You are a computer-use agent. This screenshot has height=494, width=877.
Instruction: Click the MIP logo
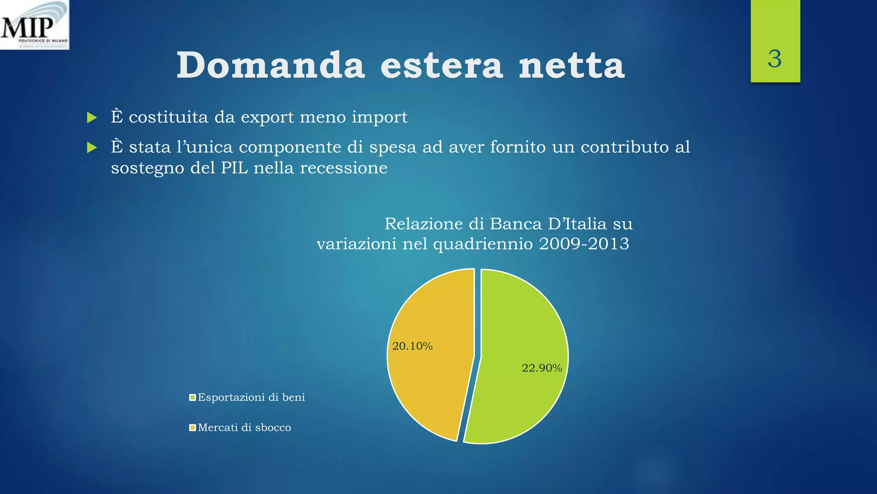34,25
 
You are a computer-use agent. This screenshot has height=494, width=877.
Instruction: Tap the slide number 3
775,59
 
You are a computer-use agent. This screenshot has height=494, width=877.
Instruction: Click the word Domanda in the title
271,65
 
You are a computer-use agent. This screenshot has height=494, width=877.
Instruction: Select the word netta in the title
572,65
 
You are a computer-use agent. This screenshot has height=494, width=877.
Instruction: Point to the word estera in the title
441,65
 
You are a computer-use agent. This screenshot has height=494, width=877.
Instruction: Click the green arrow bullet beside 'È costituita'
92,117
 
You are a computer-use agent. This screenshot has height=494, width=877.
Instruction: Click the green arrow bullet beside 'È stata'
92,148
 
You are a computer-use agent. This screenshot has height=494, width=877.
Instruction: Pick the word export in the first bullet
267,117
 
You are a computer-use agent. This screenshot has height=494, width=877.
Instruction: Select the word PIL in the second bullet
234,168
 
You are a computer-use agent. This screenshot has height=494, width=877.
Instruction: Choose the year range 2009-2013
584,244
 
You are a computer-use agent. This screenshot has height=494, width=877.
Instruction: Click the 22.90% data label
542,368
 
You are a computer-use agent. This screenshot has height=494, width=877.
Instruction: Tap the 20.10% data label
412,346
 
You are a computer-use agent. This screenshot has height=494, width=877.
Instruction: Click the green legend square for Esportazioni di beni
193,398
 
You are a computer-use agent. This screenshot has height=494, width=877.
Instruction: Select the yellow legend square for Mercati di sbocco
193,428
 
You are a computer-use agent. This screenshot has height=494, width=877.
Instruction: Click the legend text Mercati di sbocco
245,428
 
